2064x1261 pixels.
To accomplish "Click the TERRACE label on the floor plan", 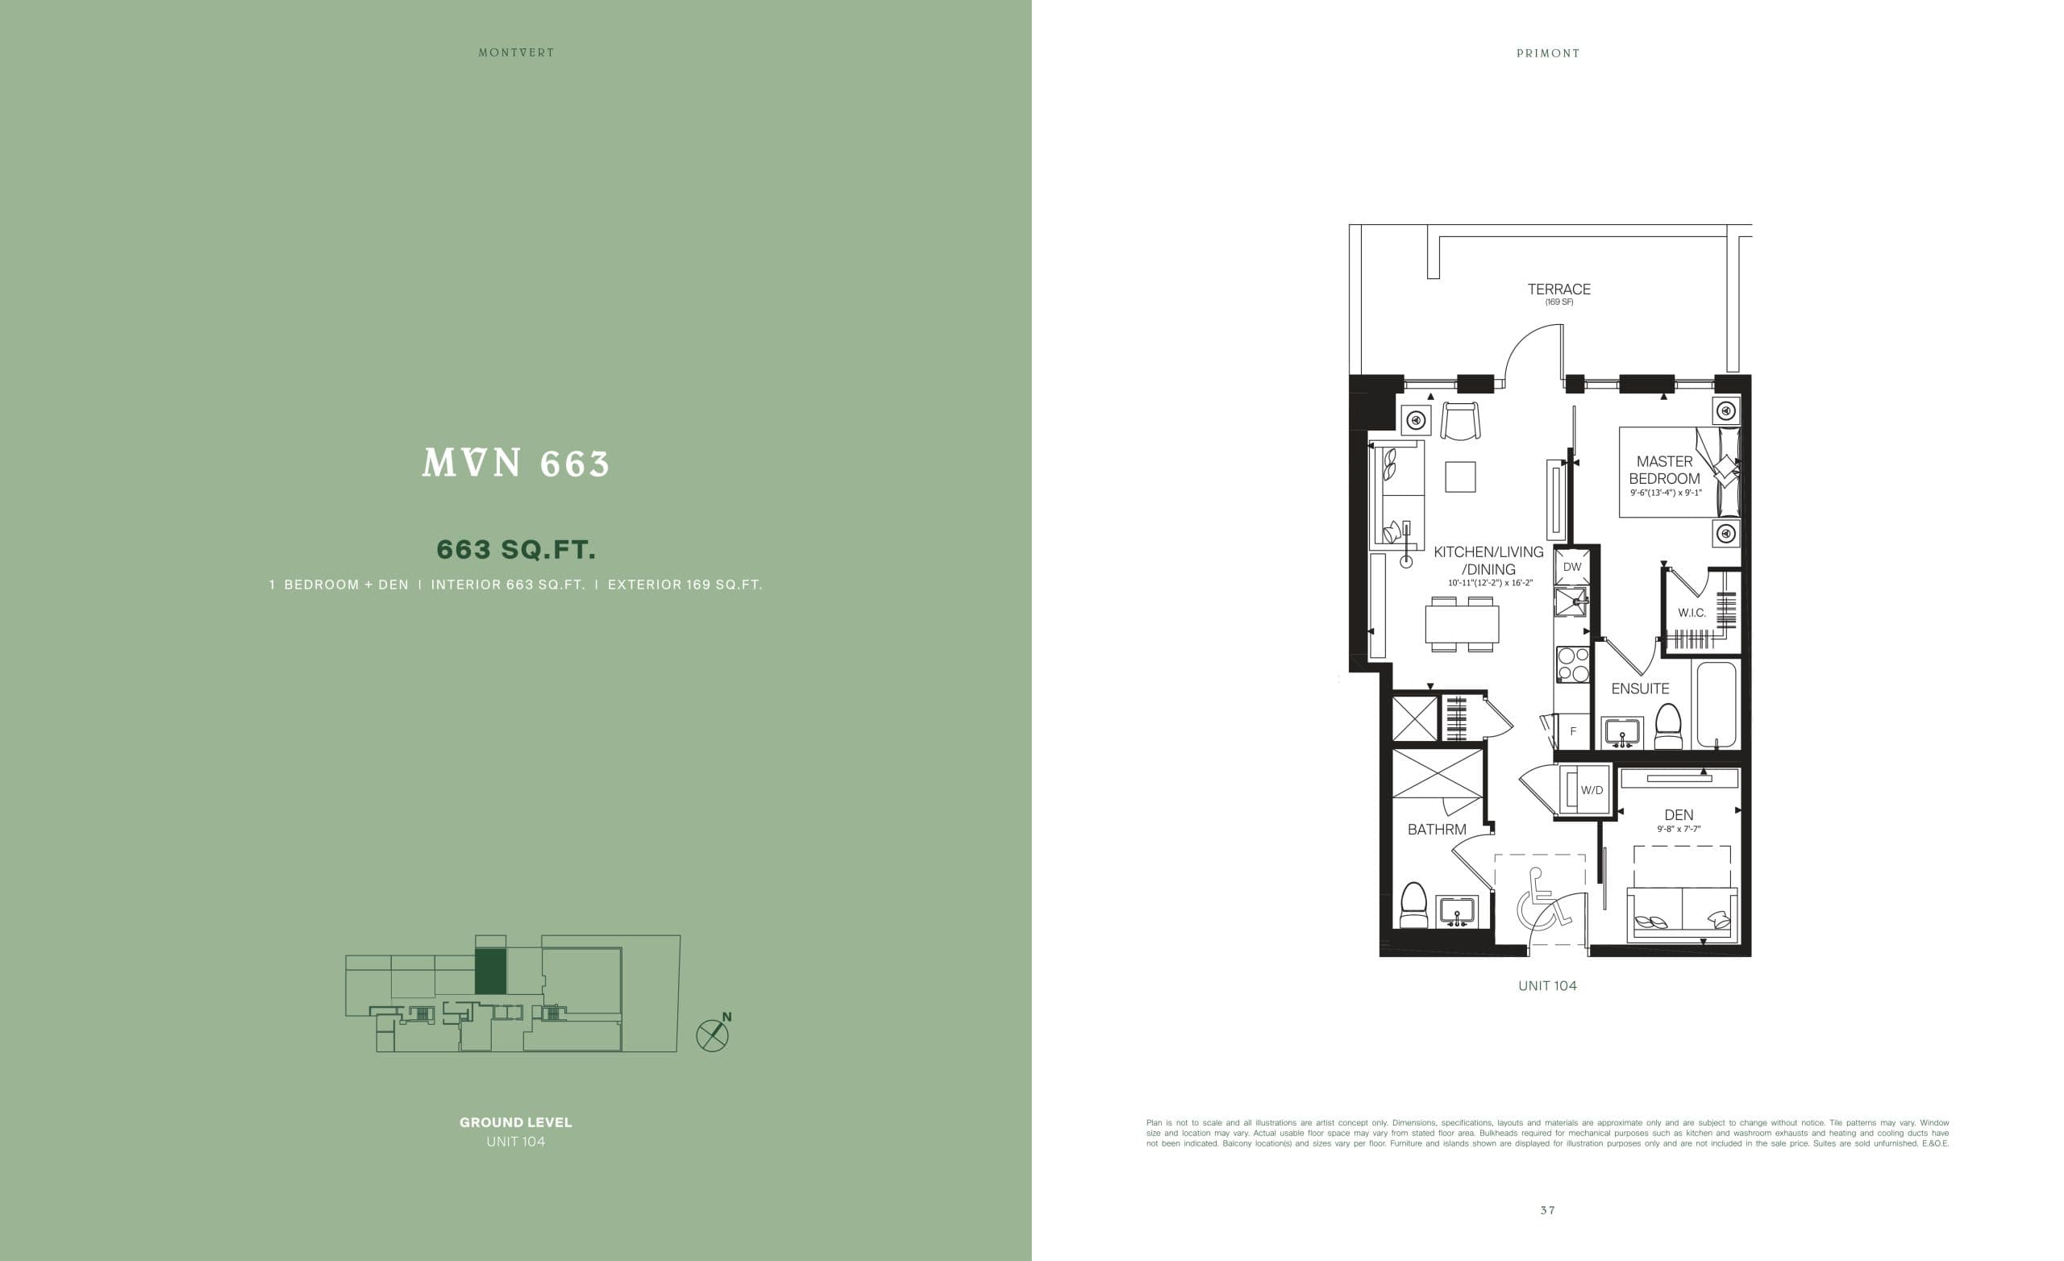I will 1558,289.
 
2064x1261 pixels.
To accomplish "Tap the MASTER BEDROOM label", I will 1663,470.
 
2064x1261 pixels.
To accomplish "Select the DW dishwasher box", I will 1571,568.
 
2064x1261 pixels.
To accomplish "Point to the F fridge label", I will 1573,731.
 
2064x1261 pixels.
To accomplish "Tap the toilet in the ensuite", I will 1668,726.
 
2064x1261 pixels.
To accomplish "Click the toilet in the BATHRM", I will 1414,905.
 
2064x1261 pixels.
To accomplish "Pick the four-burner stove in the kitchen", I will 1572,664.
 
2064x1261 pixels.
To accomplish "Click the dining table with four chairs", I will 1462,623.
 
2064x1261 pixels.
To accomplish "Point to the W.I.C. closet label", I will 1692,613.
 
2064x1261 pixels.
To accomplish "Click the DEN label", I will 1679,814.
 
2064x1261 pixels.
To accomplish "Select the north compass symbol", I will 713,1034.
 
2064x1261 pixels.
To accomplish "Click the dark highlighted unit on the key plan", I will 490,971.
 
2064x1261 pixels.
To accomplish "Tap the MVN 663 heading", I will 516,464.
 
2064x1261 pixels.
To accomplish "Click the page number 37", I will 1547,1210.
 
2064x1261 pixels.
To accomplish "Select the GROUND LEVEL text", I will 516,1122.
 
